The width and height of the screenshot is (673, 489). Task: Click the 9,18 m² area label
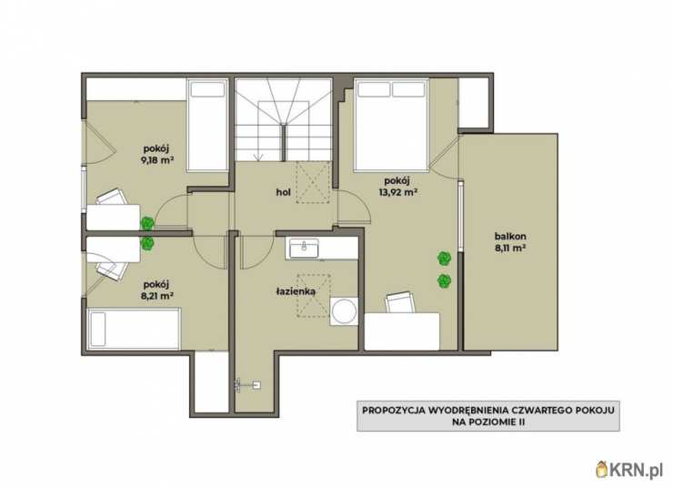157,160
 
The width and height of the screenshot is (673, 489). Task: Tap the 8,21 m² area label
157,296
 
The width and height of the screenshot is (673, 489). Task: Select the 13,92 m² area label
397,192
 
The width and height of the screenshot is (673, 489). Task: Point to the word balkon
510,236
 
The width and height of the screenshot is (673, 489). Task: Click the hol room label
283,192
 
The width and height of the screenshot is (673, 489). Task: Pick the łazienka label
296,291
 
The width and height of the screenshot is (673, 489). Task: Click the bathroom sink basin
304,249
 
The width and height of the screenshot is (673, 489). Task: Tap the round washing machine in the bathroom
344,311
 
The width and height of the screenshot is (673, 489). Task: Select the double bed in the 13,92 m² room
391,124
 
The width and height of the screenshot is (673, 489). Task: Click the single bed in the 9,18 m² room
207,125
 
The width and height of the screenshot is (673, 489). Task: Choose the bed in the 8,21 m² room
134,329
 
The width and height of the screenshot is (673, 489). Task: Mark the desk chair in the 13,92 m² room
400,302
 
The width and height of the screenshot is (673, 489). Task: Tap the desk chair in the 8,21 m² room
112,270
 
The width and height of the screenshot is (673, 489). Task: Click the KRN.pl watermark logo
629,470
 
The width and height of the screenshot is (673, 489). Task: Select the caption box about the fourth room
488,416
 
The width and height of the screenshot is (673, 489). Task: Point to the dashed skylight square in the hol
314,182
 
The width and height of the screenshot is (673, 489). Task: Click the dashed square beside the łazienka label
314,296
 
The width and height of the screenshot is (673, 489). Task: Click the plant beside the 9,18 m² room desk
147,223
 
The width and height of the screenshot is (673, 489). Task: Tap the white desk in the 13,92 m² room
402,331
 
